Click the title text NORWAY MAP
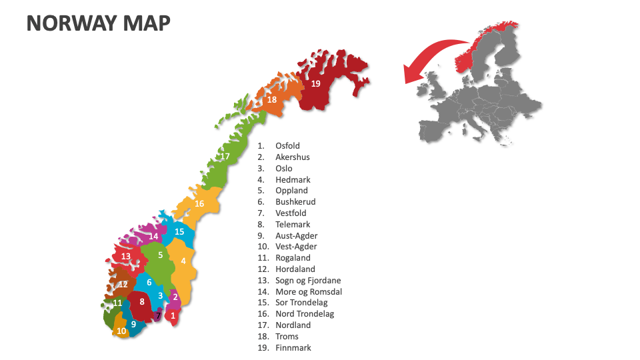[x=98, y=23]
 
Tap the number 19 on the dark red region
[x=315, y=83]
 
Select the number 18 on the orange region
[x=272, y=100]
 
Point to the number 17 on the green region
[x=225, y=157]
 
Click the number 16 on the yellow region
[x=199, y=203]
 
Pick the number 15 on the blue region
[x=179, y=231]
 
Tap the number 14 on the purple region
[x=153, y=236]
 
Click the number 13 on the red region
[x=126, y=256]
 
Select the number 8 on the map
[x=141, y=301]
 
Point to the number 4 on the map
[x=183, y=261]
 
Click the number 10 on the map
[x=121, y=330]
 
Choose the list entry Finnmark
[x=293, y=347]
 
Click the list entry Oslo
[x=284, y=169]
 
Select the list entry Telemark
[x=293, y=225]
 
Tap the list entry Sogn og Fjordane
[x=308, y=281]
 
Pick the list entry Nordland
[x=293, y=325]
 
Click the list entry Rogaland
[x=293, y=258]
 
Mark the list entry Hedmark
[x=293, y=180]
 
